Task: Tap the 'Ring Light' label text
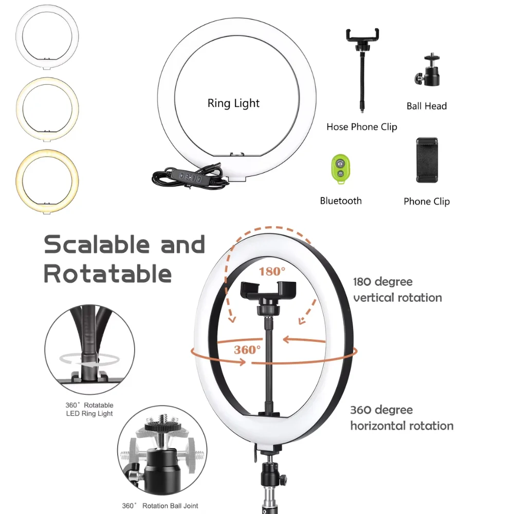tap(233, 103)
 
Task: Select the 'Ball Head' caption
tap(426, 106)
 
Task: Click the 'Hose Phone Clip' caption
tap(361, 127)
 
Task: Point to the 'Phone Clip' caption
tap(426, 201)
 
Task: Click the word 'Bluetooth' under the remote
tap(340, 201)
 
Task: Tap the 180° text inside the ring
tap(271, 271)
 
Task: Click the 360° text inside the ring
tap(247, 350)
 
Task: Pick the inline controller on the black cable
tap(191, 176)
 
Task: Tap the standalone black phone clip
tap(427, 159)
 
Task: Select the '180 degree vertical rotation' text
tap(397, 290)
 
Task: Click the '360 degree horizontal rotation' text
tap(401, 418)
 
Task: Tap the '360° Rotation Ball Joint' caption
tap(160, 506)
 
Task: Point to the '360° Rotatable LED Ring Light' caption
tap(89, 409)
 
